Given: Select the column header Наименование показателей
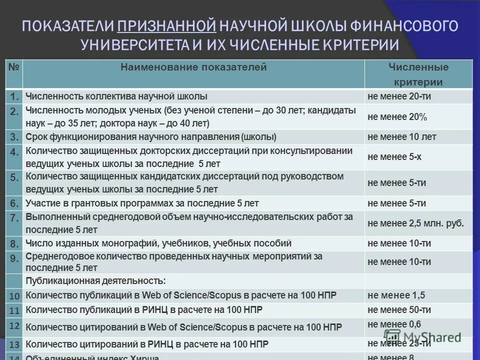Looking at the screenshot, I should point(193,67).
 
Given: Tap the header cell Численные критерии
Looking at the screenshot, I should point(418,74).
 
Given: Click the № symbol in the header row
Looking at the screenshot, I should point(14,67).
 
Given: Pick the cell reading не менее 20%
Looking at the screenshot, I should point(397,117).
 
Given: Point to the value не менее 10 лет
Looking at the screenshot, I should point(401,136).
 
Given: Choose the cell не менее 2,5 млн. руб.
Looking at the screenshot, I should point(415,223).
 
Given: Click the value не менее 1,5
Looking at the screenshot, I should point(396,295).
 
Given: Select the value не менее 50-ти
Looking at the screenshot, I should point(399,310).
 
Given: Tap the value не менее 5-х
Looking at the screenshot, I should point(394,156).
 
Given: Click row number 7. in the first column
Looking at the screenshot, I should point(14,218).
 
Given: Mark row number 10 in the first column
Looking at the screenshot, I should point(14,296).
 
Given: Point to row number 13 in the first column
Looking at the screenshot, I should point(14,344).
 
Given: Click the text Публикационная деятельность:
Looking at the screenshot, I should point(95,280).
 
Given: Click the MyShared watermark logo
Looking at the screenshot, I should point(422,336).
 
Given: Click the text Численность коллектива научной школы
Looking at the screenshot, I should point(116,96).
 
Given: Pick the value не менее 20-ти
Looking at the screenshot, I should point(399,96).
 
